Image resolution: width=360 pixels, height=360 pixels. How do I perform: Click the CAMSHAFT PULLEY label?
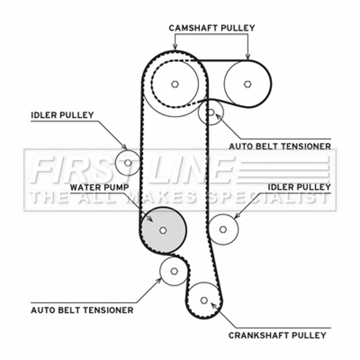click(x=212, y=28)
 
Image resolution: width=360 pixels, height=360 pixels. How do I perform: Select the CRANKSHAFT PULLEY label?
click(x=277, y=335)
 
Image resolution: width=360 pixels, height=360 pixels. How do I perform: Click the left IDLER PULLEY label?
click(x=62, y=115)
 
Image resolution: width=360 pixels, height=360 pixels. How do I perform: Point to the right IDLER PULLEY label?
click(x=299, y=186)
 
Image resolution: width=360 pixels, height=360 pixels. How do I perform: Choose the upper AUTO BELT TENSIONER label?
click(x=280, y=146)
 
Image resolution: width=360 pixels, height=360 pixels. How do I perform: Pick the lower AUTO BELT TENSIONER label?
click(x=82, y=310)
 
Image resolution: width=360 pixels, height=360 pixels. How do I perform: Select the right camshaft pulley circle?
click(x=247, y=84)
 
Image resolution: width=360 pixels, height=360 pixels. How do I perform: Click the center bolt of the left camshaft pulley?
click(x=175, y=84)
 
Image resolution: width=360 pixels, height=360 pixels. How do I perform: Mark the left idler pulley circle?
click(x=128, y=163)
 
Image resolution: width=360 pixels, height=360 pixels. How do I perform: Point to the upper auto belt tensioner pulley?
click(x=211, y=112)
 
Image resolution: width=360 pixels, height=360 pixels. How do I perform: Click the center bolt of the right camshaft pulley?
click(x=247, y=84)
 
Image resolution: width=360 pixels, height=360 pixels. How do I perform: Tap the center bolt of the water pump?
click(x=163, y=230)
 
